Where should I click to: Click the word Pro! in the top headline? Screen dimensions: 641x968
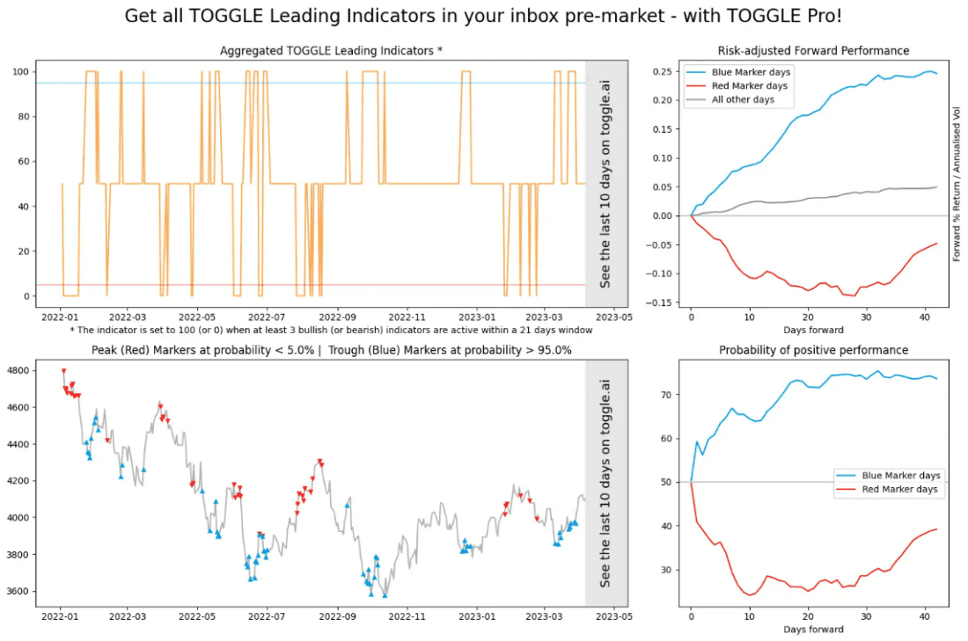coord(820,16)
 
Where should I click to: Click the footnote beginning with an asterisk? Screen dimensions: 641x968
coord(331,330)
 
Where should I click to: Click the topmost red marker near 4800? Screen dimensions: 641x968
coord(63,371)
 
